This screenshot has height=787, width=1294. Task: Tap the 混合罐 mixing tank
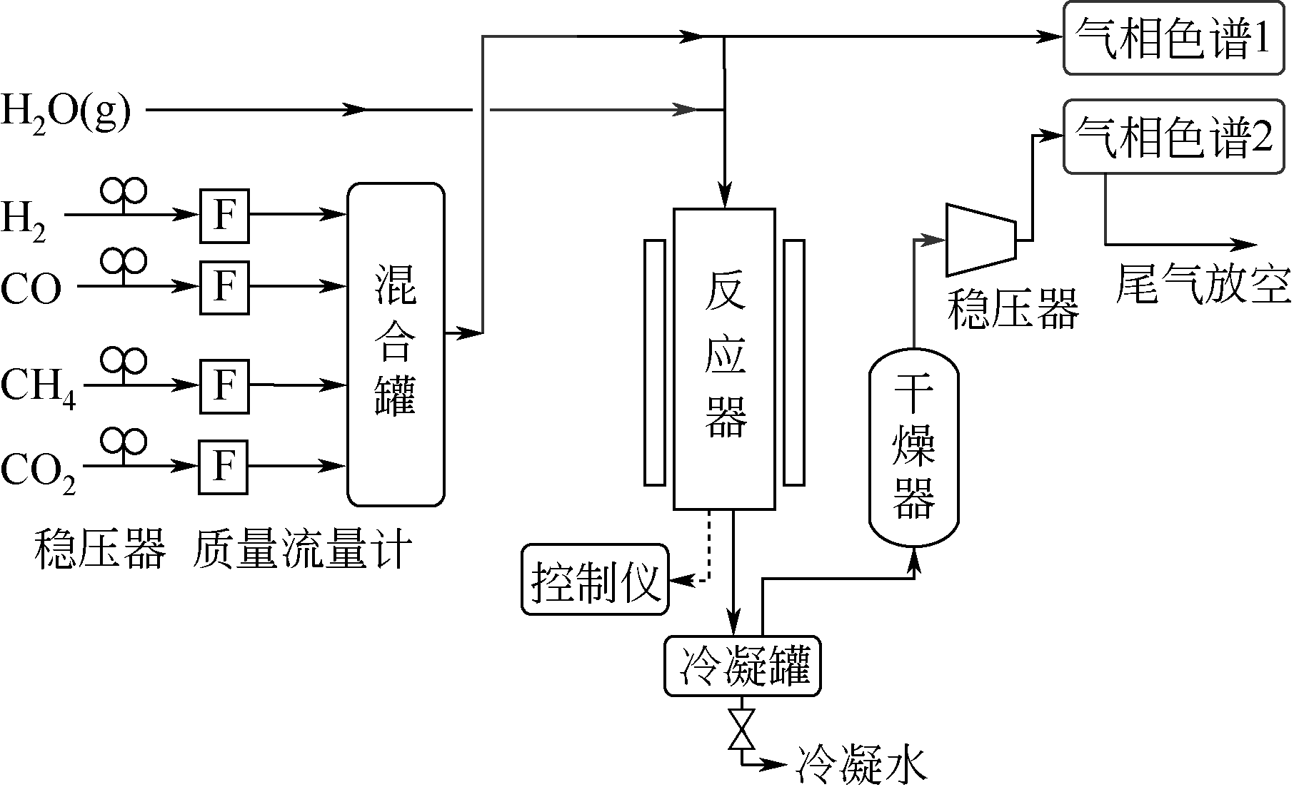396,345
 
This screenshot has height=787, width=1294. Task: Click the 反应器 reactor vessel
724,359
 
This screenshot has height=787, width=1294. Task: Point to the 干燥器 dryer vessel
913,448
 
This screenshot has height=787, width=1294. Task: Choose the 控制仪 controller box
595,579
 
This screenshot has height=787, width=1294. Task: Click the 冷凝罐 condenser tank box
743,666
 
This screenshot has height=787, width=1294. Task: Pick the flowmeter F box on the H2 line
224,213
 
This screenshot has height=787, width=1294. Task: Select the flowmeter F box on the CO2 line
224,467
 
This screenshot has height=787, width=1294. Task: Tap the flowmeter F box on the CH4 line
224,386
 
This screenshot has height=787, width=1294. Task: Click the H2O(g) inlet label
66,112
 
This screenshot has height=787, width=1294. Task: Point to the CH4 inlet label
38,387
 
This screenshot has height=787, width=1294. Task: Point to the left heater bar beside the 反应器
654,362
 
